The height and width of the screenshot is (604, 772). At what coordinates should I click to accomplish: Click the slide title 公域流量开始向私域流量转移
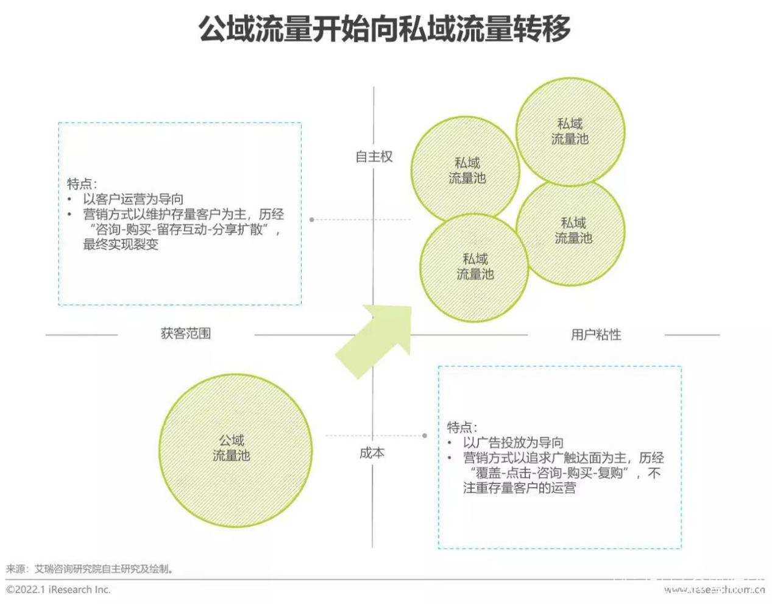(x=385, y=29)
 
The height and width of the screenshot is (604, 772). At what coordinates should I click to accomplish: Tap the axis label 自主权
(x=374, y=157)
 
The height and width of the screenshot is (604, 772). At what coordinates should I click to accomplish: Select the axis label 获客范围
(x=186, y=333)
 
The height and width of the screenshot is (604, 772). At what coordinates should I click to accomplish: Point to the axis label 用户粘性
(x=596, y=334)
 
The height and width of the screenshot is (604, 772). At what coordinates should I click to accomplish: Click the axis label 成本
(x=372, y=453)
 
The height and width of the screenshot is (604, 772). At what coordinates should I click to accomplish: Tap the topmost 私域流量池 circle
(x=570, y=131)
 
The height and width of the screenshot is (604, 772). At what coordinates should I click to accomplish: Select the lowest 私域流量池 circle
(x=475, y=267)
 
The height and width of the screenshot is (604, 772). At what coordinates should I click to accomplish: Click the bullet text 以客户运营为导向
(x=133, y=199)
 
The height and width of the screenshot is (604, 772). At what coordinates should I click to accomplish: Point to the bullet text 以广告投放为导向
(x=513, y=442)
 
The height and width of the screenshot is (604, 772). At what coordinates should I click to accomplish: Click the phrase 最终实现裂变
(x=121, y=245)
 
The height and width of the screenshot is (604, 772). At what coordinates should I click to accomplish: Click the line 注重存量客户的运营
(x=519, y=488)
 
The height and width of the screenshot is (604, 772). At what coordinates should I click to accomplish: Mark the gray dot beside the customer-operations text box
(x=312, y=219)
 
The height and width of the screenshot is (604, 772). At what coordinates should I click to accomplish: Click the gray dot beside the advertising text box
(x=425, y=436)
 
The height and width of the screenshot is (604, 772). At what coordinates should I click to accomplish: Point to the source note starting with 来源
(x=90, y=569)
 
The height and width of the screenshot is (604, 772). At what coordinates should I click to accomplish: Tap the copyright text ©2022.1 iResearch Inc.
(x=58, y=589)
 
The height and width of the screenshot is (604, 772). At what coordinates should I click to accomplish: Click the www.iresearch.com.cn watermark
(x=714, y=589)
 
